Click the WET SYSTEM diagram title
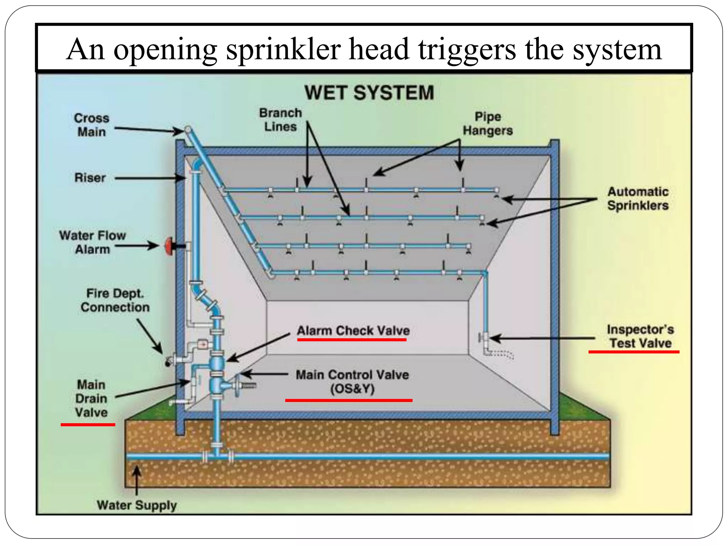click(369, 93)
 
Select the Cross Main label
click(91, 125)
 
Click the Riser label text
click(90, 177)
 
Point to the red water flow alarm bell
click(168, 246)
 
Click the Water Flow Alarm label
click(92, 242)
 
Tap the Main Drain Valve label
click(91, 398)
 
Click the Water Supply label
click(136, 505)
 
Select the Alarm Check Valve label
click(353, 331)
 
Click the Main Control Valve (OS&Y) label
click(352, 381)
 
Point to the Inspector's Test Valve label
click(640, 336)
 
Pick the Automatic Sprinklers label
click(638, 198)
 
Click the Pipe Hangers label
click(488, 124)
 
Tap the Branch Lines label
click(280, 120)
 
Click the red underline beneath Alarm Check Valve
click(352, 340)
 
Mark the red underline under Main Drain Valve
click(88, 424)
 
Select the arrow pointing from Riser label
click(149, 178)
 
